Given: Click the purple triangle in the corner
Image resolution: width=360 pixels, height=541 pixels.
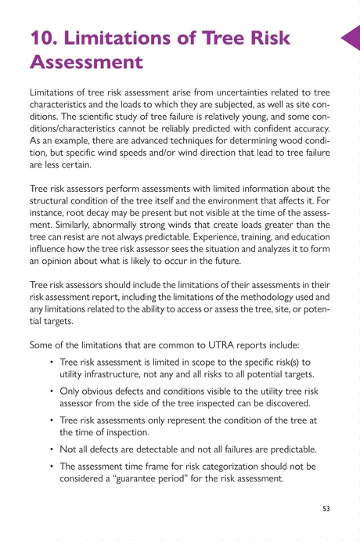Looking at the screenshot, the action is click(x=351, y=37).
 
